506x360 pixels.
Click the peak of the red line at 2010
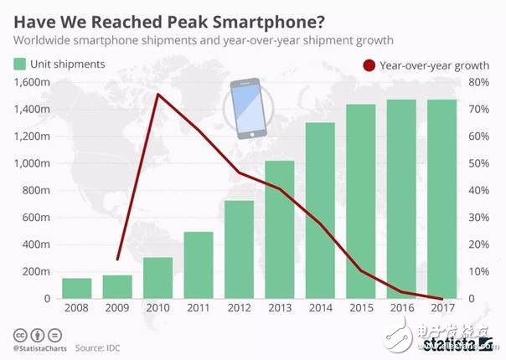pyautogui.click(x=158, y=94)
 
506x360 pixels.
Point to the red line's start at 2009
pyautogui.click(x=117, y=260)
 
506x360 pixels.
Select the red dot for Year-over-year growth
pyautogui.click(x=367, y=64)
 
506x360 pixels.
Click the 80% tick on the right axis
pyautogui.click(x=478, y=82)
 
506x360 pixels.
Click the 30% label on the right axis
pyautogui.click(x=478, y=218)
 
